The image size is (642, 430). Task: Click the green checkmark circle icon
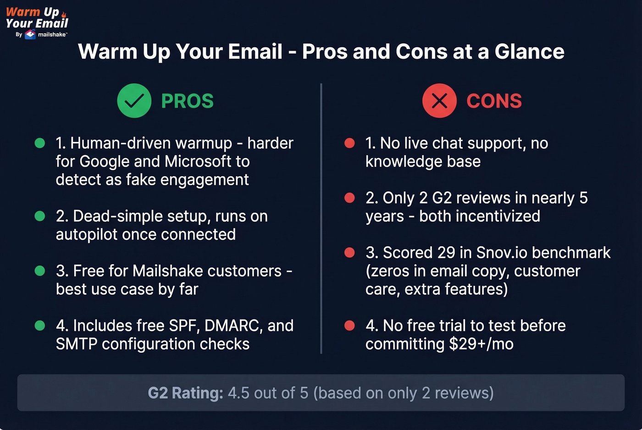pyautogui.click(x=134, y=101)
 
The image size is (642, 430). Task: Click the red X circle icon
pyautogui.click(x=439, y=101)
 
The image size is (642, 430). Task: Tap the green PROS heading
pyautogui.click(x=187, y=101)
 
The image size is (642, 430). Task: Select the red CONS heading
pyautogui.click(x=494, y=101)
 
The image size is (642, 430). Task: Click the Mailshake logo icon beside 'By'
pyautogui.click(x=30, y=34)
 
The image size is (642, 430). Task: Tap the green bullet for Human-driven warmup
pyautogui.click(x=40, y=143)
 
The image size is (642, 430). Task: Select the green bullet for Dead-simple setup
pyautogui.click(x=40, y=216)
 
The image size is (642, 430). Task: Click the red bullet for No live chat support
pyautogui.click(x=349, y=143)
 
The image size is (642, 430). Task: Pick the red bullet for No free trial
pyautogui.click(x=349, y=326)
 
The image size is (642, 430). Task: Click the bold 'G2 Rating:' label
pyautogui.click(x=185, y=393)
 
